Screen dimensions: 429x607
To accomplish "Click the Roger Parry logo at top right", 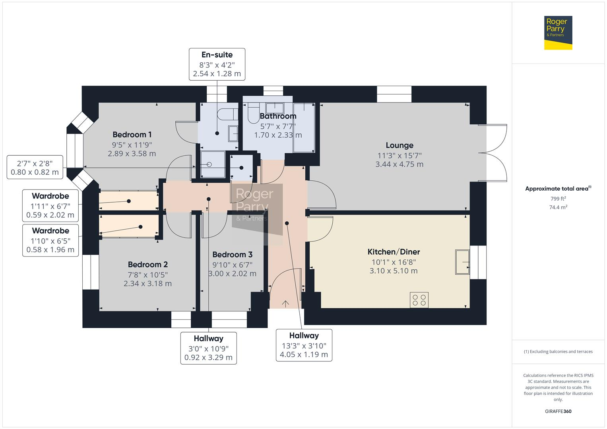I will [x=558, y=33].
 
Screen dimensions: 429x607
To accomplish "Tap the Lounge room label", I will [x=399, y=145].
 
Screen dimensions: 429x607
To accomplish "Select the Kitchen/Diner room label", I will [x=394, y=252].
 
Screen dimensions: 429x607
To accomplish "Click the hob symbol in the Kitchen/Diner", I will [x=419, y=300].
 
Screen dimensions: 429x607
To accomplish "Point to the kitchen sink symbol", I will [x=462, y=262].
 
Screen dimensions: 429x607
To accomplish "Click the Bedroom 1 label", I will [x=132, y=135].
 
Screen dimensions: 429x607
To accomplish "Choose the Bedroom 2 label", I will [x=147, y=265].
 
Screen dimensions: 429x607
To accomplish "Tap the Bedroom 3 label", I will [x=232, y=255].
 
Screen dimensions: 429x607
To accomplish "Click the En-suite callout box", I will [x=217, y=64].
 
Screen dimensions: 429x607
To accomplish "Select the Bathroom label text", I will [x=278, y=116].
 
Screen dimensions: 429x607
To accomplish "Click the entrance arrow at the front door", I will [x=285, y=303].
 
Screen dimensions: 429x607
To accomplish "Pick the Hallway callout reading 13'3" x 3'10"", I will [x=304, y=345].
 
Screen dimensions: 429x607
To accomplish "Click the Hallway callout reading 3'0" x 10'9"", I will [x=208, y=348].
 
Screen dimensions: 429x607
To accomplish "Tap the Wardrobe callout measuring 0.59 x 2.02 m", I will [x=50, y=206].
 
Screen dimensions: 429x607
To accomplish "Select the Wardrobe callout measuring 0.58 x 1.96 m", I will [x=50, y=240].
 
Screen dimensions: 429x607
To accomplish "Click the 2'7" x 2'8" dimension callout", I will [x=35, y=167].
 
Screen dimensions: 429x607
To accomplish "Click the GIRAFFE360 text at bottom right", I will [x=558, y=411].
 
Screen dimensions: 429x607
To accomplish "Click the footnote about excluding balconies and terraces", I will [x=558, y=352].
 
